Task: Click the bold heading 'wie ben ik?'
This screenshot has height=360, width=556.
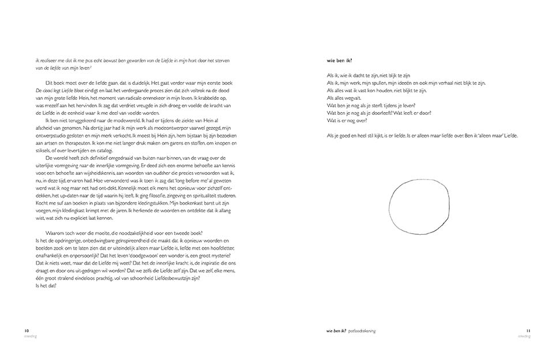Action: tap(340, 61)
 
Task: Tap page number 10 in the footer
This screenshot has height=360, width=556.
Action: tap(27, 331)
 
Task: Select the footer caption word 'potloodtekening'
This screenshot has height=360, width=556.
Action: tap(362, 331)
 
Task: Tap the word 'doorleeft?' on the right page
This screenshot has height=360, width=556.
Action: tap(385, 113)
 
